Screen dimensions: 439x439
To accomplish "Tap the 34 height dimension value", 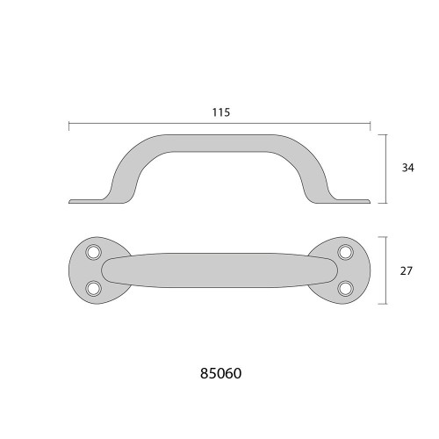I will click(x=406, y=168).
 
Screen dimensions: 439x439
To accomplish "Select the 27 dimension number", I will click(x=406, y=271).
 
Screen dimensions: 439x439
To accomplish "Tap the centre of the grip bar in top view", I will click(x=219, y=270).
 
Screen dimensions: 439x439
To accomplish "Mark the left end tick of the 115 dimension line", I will click(x=68, y=125).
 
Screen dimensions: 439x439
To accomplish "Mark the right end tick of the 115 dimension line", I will click(x=369, y=125).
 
